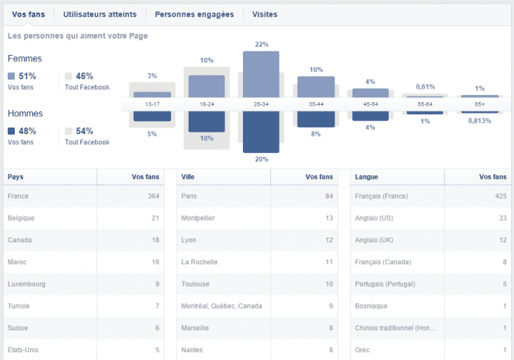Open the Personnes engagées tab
[x=194, y=14]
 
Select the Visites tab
[x=264, y=14]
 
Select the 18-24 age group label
[x=206, y=104]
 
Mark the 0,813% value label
[x=479, y=120]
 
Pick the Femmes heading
[x=25, y=58]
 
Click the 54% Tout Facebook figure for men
[x=84, y=131]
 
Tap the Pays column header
[x=15, y=177]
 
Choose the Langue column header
[x=368, y=177]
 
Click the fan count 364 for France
[x=152, y=196]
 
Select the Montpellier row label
[x=198, y=218]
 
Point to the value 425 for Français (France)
[x=500, y=196]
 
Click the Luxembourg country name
[x=27, y=284]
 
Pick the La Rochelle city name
[x=199, y=262]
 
